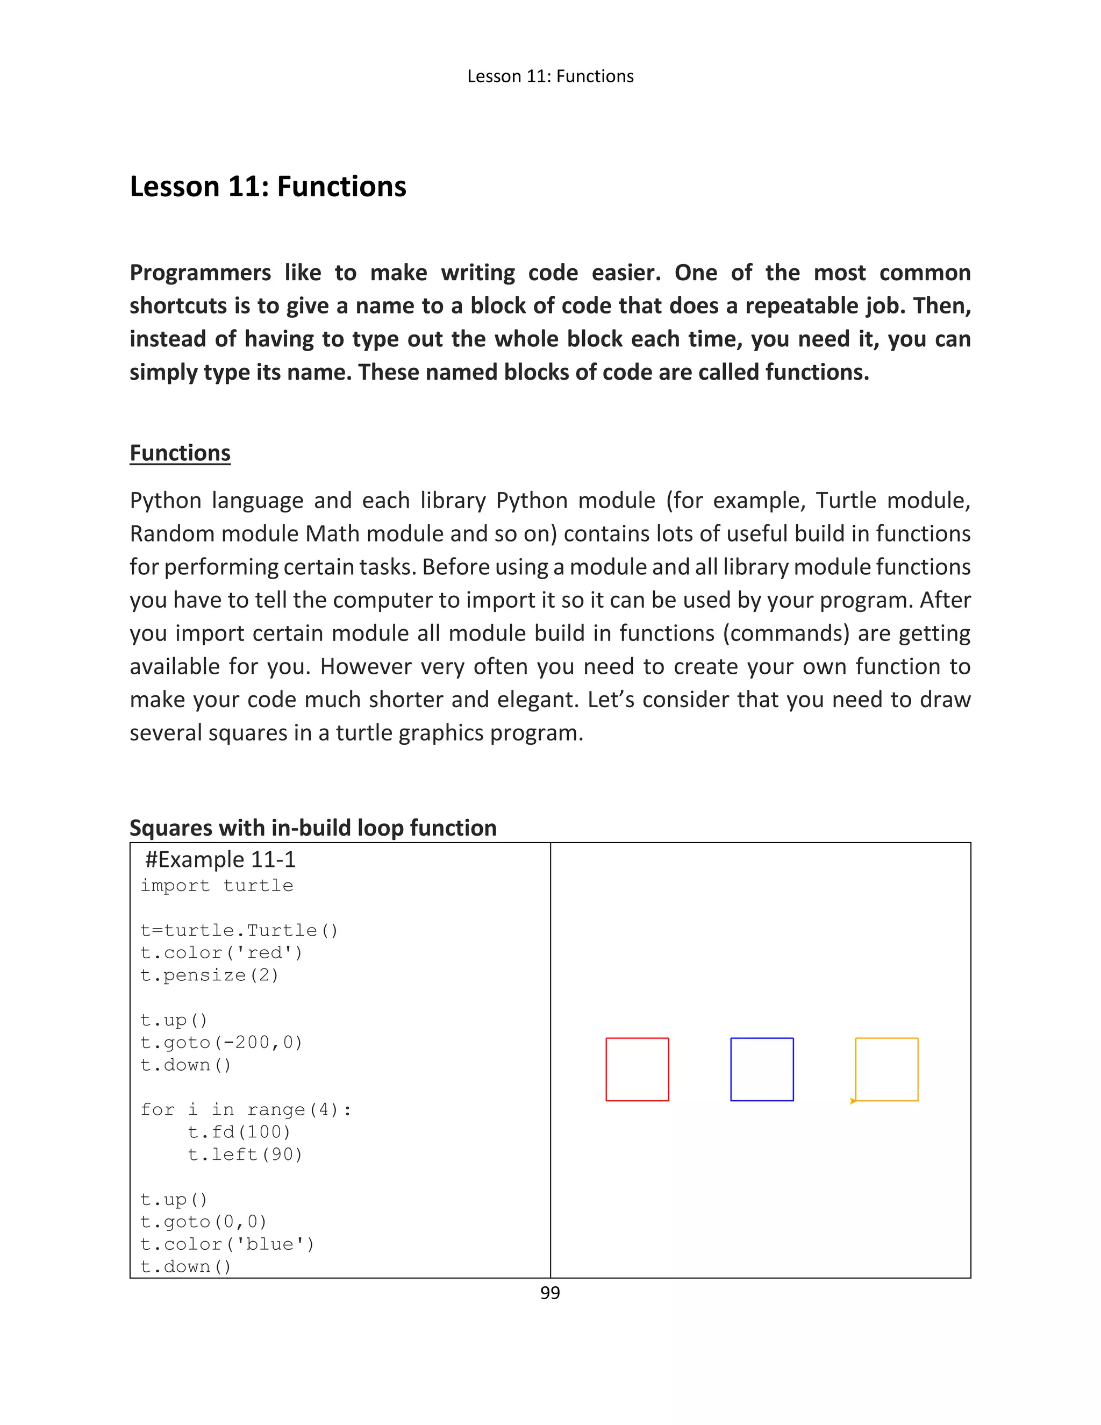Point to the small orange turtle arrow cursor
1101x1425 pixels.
coord(853,1101)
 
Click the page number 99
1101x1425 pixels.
coord(550,1293)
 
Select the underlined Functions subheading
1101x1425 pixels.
coord(180,453)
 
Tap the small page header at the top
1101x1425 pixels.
coord(550,76)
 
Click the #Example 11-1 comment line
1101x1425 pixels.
coord(220,860)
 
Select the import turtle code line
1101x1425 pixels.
coord(217,886)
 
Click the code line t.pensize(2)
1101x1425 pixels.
coord(209,975)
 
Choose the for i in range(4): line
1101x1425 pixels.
coord(246,1109)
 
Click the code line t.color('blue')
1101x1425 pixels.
coord(227,1244)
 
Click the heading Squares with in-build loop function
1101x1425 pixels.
coord(313,828)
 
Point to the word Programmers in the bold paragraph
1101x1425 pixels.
coord(199,272)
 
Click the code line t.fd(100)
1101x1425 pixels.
coord(239,1131)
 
